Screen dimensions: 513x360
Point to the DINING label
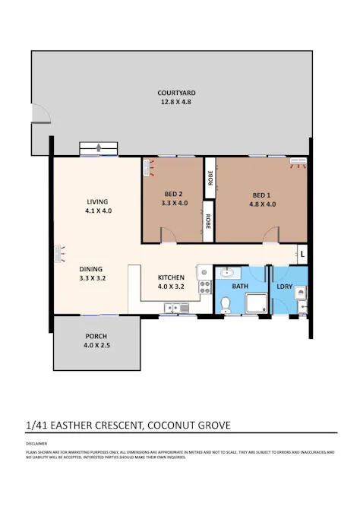92,269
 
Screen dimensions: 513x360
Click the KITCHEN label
171,277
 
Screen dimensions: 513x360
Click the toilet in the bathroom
224,306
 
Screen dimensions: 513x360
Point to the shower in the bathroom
256,302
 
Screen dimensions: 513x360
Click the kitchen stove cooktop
204,287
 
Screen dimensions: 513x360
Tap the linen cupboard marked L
302,254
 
